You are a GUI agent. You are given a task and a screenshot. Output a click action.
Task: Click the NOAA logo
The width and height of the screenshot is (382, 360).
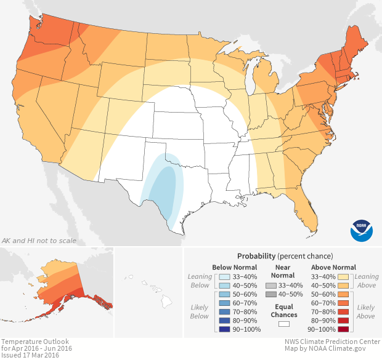(361, 229)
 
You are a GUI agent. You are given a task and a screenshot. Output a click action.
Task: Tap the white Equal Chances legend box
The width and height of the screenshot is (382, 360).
(284, 323)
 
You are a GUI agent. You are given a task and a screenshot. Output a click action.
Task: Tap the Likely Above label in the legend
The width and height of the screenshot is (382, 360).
(365, 311)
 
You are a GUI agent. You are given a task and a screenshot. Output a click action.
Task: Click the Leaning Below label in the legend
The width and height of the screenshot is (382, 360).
(200, 281)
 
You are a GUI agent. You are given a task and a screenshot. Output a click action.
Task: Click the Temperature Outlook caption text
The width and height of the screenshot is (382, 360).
(35, 342)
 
